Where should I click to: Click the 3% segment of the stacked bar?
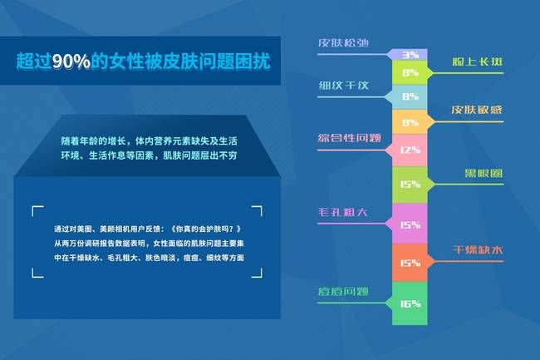[x=410, y=55]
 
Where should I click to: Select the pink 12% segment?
[x=410, y=150]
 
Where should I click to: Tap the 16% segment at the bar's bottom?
[x=410, y=303]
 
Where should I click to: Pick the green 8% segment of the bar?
[x=410, y=73]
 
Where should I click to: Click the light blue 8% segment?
[x=410, y=97]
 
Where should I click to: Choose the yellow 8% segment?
[x=410, y=122]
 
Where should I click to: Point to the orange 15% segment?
[x=410, y=264]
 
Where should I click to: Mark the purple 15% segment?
[x=410, y=224]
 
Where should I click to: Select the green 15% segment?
[x=410, y=185]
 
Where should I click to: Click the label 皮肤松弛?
[x=342, y=42]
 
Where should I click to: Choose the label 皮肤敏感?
[x=477, y=110]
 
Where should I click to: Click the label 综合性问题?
[x=349, y=138]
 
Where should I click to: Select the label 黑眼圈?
[x=482, y=173]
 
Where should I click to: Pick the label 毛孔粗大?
[x=342, y=213]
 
